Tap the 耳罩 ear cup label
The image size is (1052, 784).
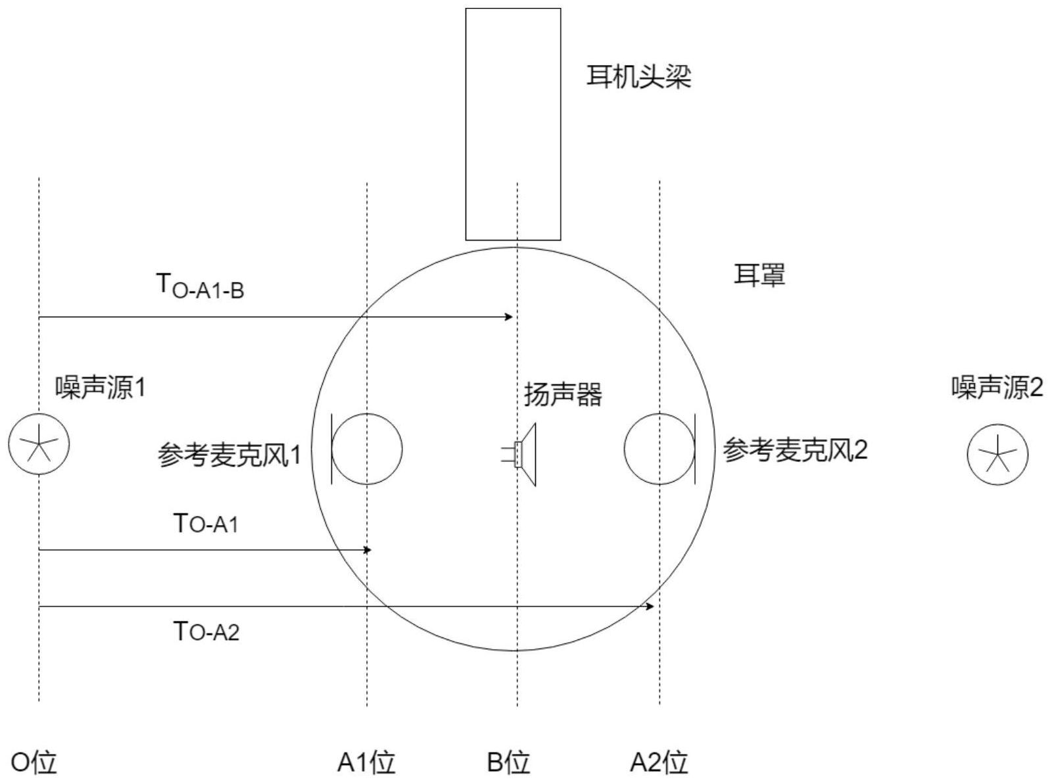coord(759,275)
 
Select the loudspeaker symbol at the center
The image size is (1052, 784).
coord(523,454)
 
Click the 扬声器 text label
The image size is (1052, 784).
coord(563,395)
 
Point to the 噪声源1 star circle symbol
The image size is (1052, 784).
coord(39,444)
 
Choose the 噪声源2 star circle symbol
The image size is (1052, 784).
coord(997,454)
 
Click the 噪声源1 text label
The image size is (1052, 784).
coord(101,388)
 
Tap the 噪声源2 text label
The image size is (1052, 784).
coord(997,388)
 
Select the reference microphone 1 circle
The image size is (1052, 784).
coord(366,449)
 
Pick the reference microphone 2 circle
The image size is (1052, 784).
coord(659,449)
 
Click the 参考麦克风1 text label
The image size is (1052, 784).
coord(229,455)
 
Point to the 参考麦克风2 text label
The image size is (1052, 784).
coord(795,450)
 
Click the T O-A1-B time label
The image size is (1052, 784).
coord(200,287)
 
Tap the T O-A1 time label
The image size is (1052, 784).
coord(206,524)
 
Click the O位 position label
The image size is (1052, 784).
coord(35,763)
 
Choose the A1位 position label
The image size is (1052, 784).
coord(366,763)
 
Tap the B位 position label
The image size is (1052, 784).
coord(508,763)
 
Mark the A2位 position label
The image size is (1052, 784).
coord(659,763)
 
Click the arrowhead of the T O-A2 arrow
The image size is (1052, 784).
coord(650,606)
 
